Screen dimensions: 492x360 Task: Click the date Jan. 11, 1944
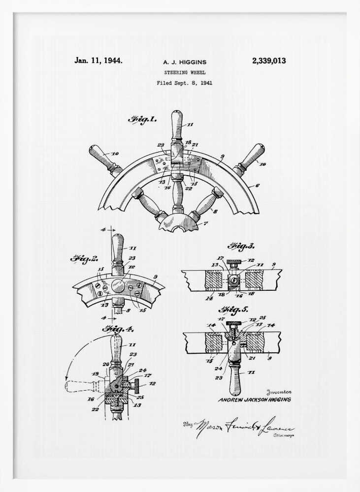click(98, 61)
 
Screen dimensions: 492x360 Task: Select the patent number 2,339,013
click(269, 61)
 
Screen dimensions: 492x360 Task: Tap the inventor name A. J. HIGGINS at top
click(185, 62)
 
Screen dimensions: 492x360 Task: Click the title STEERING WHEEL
click(185, 73)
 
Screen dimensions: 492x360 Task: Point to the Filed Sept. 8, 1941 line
click(185, 83)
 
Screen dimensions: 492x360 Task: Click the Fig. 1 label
click(142, 120)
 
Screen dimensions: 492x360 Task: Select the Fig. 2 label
click(84, 258)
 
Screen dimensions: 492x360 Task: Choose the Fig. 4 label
click(117, 329)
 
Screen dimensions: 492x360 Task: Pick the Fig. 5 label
click(233, 309)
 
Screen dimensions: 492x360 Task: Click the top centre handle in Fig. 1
click(177, 125)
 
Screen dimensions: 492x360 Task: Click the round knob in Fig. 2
click(118, 286)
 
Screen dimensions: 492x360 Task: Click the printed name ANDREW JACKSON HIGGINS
click(254, 400)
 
